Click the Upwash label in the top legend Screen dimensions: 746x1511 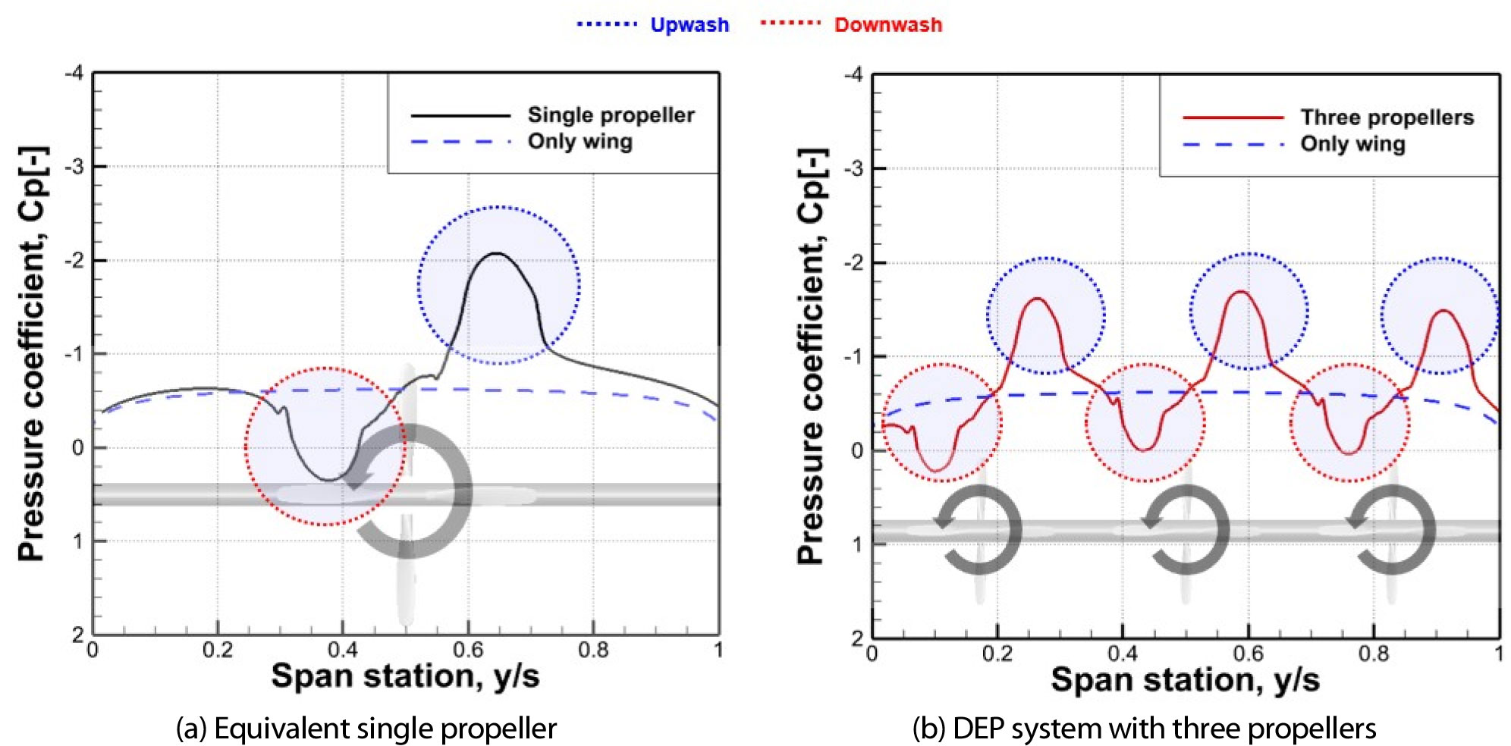click(689, 25)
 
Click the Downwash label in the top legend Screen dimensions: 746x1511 click(887, 25)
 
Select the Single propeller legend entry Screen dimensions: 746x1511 click(611, 115)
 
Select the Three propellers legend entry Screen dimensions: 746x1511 click(1387, 118)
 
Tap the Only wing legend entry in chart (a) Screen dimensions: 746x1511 click(580, 142)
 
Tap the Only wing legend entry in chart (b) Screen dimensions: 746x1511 click(1352, 144)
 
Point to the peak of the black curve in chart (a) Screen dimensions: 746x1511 click(496, 253)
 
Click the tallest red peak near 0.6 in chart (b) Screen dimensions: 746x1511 click(1241, 291)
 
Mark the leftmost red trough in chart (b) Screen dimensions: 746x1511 click(936, 472)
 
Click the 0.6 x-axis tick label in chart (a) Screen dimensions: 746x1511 click(468, 650)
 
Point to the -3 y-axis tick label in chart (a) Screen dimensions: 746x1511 click(74, 167)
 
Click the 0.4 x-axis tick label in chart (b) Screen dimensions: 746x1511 click(1122, 654)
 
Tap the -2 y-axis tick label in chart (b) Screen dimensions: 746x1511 click(854, 263)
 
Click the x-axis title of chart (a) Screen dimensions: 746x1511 click(405, 675)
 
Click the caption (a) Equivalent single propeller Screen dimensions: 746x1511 click(366, 729)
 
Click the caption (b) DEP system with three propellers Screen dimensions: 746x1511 click(1144, 729)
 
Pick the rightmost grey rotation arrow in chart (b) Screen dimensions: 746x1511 click(1394, 531)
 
